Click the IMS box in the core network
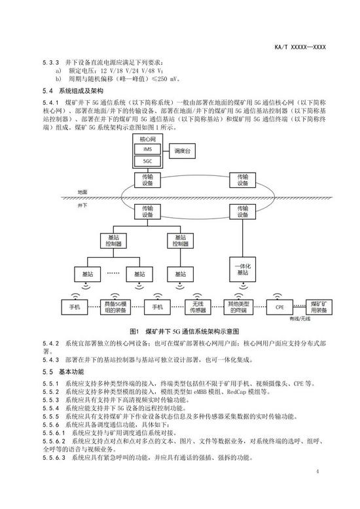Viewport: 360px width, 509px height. pyautogui.click(x=147, y=149)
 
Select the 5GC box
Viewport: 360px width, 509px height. pyautogui.click(x=147, y=162)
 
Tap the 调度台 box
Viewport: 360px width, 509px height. pyautogui.click(x=182, y=151)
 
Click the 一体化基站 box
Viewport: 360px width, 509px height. pyautogui.click(x=242, y=270)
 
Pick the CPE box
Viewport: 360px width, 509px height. pyautogui.click(x=279, y=307)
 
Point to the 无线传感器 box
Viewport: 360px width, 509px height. pyautogui.click(x=198, y=307)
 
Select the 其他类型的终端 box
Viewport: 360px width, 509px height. pyautogui.click(x=238, y=307)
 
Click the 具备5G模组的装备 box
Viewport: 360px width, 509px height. pyautogui.click(x=115, y=307)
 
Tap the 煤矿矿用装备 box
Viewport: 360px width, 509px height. pyautogui.click(x=319, y=307)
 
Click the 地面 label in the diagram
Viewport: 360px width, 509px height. pyautogui.click(x=82, y=192)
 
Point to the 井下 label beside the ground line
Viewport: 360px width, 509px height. pyautogui.click(x=82, y=205)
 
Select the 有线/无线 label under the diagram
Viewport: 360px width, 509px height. pyautogui.click(x=300, y=319)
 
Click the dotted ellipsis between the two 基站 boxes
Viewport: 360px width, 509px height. pyautogui.click(x=113, y=273)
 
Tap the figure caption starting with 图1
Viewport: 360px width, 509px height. pyautogui.click(x=185, y=332)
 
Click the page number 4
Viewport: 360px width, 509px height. pyautogui.click(x=317, y=471)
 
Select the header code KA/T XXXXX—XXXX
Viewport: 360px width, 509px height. pyautogui.click(x=300, y=47)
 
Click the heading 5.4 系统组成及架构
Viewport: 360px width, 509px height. pyautogui.click(x=73, y=91)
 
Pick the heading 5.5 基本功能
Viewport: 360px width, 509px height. pyautogui.click(x=63, y=372)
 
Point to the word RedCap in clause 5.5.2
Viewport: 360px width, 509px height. pyautogui.click(x=236, y=392)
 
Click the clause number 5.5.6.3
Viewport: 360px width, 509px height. pyautogui.click(x=54, y=458)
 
